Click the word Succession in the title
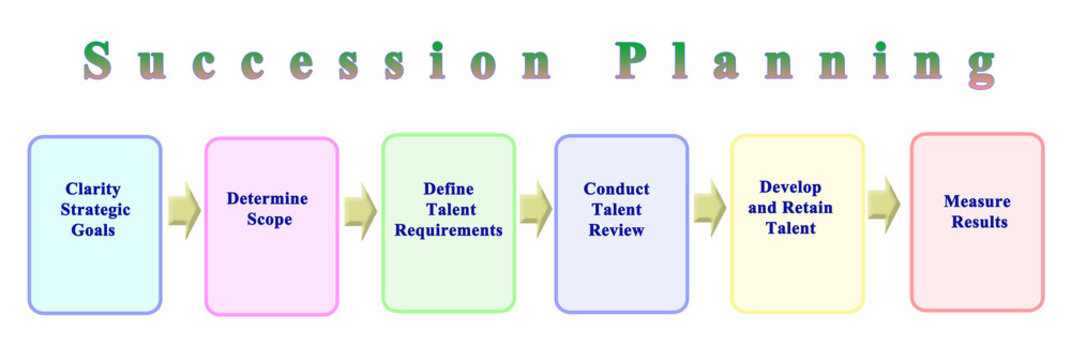(317, 63)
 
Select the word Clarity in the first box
(93, 189)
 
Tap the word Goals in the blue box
(93, 231)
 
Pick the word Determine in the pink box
(267, 199)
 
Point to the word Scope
(269, 220)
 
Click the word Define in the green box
(448, 189)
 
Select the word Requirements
(448, 231)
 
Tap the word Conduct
(616, 189)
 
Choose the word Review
(617, 231)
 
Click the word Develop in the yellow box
(790, 187)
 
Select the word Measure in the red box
(976, 201)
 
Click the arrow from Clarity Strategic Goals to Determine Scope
(184, 211)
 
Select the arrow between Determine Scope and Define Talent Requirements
(360, 211)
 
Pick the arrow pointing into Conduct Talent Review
(535, 209)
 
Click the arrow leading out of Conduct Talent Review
(709, 209)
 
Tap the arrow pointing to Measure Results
(884, 205)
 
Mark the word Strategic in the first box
(95, 210)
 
